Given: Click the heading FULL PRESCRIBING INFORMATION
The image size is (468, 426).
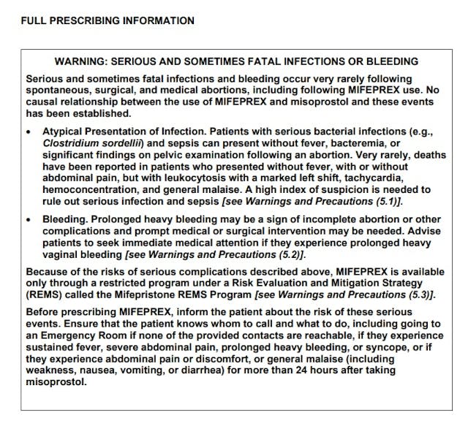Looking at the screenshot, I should click(x=107, y=20).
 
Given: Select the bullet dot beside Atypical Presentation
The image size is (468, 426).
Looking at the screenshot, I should click(x=29, y=132).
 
